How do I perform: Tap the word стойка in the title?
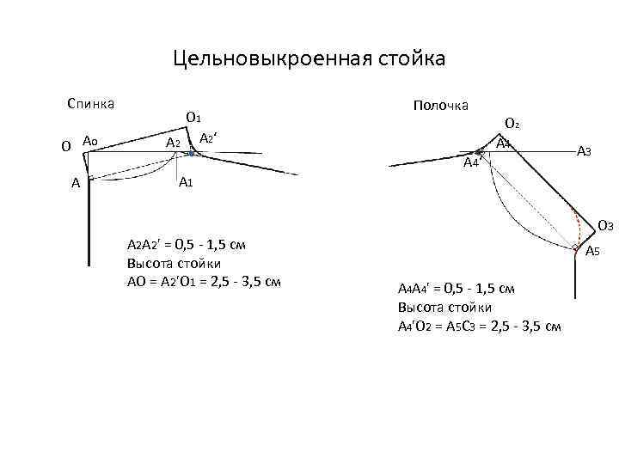coord(409,59)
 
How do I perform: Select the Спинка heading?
coord(91,104)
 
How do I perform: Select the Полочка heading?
coord(440,105)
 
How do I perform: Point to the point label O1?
coord(193,118)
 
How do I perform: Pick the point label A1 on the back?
coord(186,184)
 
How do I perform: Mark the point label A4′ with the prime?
coord(470,163)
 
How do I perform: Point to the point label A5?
coord(592,252)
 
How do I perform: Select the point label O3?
coord(604,227)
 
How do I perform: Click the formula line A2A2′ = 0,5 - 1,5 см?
coord(187,245)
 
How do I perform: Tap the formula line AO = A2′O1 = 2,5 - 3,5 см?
coord(204,282)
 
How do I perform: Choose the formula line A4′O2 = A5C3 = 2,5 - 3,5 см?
coord(480,326)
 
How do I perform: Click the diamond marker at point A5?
coord(576,249)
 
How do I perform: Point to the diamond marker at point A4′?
coord(480,151)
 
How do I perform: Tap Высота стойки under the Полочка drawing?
coord(444,307)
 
